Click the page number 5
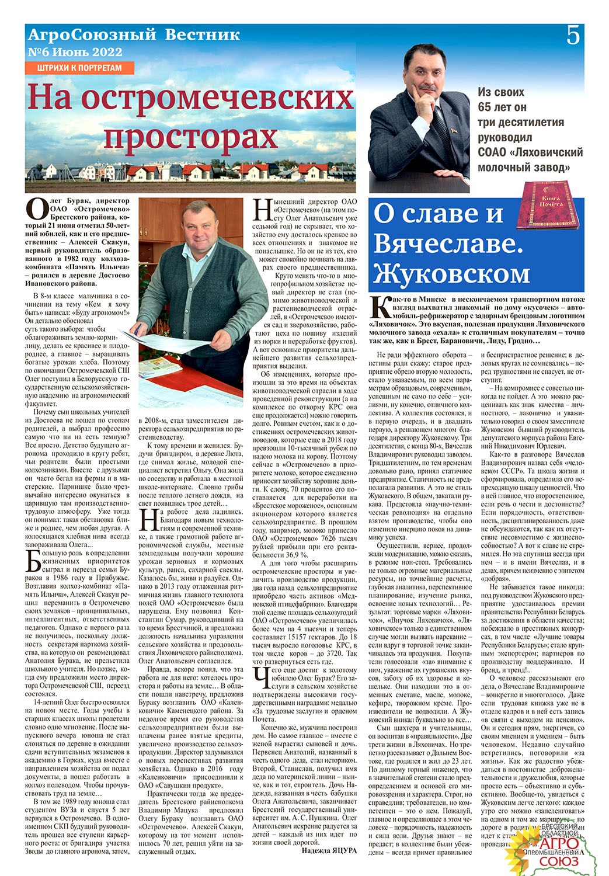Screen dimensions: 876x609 (573, 36)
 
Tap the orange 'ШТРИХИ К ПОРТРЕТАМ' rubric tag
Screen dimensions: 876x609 (79, 68)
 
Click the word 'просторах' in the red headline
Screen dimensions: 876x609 (190, 137)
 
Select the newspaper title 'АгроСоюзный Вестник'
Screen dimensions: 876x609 (134, 35)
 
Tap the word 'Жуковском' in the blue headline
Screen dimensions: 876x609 (451, 273)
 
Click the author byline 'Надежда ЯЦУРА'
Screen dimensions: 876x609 (329, 850)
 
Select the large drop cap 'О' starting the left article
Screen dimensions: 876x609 (37, 210)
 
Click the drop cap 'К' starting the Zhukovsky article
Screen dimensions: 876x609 (378, 306)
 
